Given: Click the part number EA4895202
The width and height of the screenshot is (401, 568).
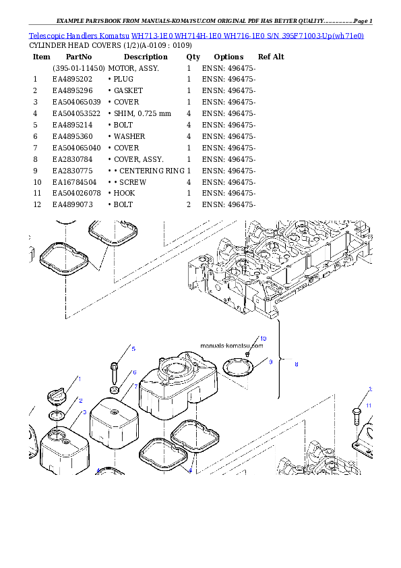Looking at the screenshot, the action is (72, 80).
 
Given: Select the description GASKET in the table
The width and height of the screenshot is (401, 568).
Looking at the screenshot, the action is (128, 90).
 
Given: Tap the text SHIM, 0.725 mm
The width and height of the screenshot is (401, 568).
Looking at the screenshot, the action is (142, 114).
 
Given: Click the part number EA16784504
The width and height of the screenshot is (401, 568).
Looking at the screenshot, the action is (75, 182).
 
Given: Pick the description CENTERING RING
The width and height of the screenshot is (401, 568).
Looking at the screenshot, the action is (152, 171).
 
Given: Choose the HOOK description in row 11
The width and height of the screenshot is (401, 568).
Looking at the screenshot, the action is (124, 193).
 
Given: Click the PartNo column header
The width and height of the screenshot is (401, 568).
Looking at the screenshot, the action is (79, 57).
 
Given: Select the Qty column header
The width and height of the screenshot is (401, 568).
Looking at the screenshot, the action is (193, 57).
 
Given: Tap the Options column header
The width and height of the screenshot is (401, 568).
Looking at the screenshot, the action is (228, 57).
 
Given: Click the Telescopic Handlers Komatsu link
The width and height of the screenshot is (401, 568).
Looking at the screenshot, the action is (79, 36).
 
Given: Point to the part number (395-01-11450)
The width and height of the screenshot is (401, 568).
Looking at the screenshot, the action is (79, 68).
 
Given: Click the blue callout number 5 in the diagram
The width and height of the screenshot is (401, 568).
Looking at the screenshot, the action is (133, 349).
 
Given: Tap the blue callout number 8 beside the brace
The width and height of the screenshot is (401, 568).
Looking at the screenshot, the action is (297, 364).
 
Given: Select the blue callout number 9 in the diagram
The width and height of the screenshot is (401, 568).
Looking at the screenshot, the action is (271, 362).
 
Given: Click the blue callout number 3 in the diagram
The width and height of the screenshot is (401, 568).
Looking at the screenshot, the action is (85, 412).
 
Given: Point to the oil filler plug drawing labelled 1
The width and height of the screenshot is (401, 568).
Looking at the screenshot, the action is (57, 396).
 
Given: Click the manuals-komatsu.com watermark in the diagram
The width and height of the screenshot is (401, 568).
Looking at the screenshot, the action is (232, 345).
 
